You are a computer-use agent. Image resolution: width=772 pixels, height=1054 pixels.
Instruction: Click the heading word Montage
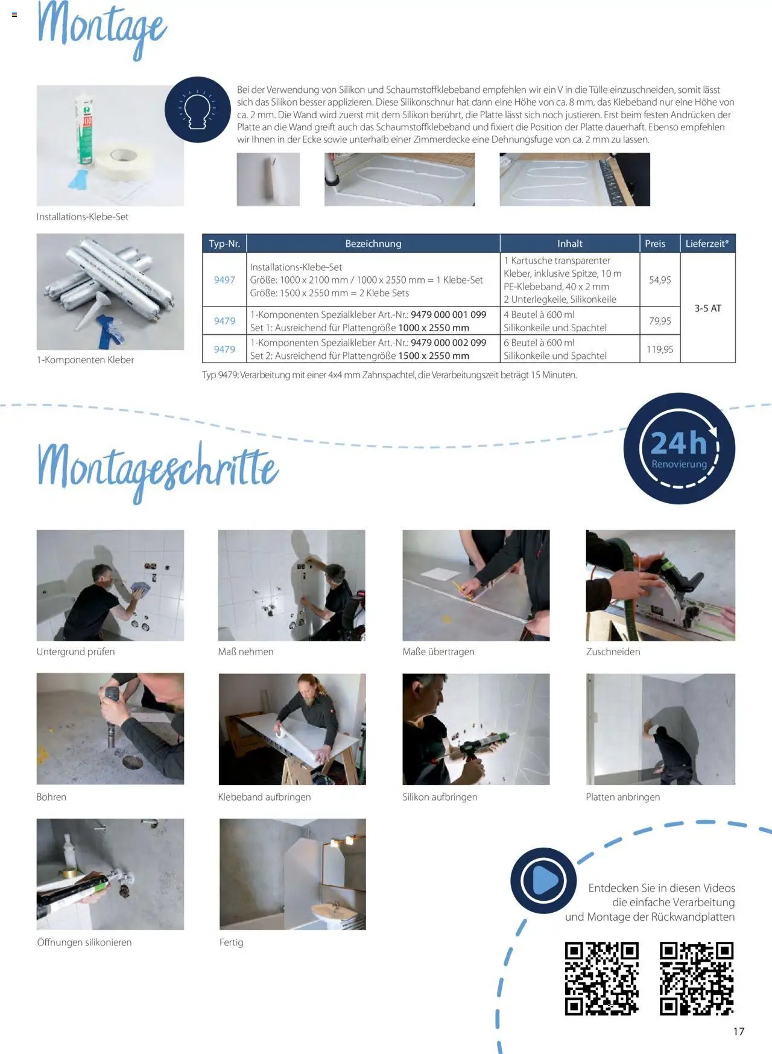pos(101,27)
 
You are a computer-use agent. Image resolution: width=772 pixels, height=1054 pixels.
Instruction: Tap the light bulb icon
pos(197,110)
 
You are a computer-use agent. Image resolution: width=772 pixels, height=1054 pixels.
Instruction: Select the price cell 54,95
pos(660,280)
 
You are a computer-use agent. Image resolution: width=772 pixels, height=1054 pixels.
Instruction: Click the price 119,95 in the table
pos(660,349)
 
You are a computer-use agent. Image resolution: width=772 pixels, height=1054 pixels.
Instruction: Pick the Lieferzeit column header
pos(707,244)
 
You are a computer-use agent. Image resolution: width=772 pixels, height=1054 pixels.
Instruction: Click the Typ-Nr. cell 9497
pos(224,280)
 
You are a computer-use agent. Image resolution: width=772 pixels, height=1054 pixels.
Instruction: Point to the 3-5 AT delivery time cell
pos(707,308)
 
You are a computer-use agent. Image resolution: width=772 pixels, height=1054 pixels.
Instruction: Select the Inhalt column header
pos(570,244)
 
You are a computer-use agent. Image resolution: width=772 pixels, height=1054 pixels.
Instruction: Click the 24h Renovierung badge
pos(679,448)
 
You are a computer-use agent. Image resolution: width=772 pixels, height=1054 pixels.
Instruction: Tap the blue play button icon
pos(543,880)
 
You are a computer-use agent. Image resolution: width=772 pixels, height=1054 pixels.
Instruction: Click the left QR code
pos(601,978)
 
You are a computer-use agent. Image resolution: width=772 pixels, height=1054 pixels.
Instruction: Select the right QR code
pos(697,978)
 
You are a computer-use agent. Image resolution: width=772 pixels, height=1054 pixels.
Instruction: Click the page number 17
pos(739,1032)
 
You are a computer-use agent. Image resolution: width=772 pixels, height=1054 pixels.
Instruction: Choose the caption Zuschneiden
pos(613,652)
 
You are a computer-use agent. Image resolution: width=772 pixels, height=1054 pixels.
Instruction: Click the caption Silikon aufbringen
pos(440,797)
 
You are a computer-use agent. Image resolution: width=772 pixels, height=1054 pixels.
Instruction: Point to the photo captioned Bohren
pos(110,729)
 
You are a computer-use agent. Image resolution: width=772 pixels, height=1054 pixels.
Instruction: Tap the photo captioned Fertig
pos(293,874)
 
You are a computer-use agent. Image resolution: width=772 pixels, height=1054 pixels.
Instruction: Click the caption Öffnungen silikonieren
pos(84,942)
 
